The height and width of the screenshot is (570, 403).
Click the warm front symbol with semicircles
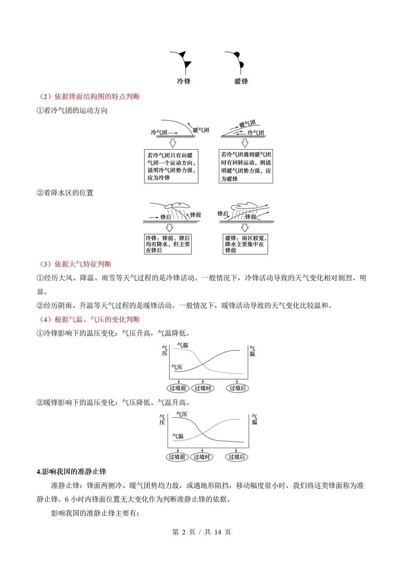pos(235,62)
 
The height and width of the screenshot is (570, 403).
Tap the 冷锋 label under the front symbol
pos(184,81)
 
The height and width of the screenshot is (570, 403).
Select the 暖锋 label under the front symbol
pos(241,81)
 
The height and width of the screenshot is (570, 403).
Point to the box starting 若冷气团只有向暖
pos(171,166)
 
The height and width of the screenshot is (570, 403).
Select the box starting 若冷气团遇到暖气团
pos(246,166)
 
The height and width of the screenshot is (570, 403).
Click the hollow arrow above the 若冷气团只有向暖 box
pos(172,143)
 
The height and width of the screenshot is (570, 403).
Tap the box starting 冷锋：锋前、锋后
pos(168,244)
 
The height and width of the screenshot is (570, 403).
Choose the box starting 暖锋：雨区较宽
pos(246,244)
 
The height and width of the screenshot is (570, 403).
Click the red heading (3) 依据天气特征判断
pos(75,264)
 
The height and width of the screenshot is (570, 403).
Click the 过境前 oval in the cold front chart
pos(178,388)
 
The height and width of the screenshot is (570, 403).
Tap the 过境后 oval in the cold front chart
pos(237,388)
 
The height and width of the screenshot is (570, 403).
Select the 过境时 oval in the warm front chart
pos(202,457)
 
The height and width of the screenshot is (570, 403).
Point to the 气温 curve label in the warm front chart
pos(178,436)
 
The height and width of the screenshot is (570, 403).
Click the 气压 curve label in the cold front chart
pos(177,367)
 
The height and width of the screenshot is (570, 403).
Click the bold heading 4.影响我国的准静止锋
pos(72,471)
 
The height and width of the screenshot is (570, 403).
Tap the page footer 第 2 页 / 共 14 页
pos(201,532)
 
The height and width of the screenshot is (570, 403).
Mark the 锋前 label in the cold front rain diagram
pos(196,215)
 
